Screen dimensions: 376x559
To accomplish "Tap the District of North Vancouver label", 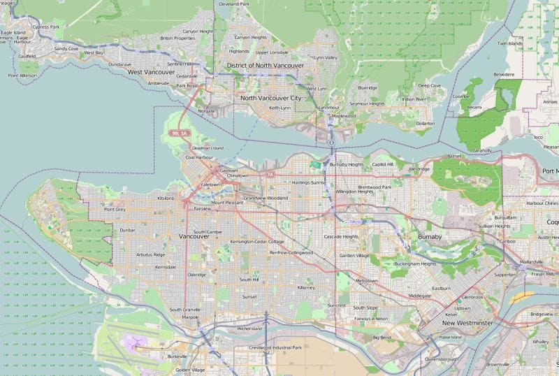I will pos(265,66).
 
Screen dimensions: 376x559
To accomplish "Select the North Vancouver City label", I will pos(271,98).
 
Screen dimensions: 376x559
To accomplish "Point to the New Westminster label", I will pos(467,324).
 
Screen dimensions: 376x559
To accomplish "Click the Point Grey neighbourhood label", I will pos(115,209).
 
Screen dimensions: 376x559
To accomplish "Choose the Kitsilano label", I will pos(166,198).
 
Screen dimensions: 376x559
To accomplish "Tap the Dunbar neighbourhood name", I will pos(127,229).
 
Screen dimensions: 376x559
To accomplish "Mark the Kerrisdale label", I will pos(166,267).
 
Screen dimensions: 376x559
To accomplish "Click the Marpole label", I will pos(191,317).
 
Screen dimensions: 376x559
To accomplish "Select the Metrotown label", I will pos(366,280).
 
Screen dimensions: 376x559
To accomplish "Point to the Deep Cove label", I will pos(430,85).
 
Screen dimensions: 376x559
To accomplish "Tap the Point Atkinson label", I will pos(22,75).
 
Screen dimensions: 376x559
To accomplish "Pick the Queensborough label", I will pos(441,359).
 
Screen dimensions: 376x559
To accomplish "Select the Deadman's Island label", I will pos(208,148).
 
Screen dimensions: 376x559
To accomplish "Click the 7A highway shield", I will pos(270,173).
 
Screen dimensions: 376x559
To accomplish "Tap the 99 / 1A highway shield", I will pos(180,133).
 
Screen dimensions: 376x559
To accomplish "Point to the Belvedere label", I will pos(504,73).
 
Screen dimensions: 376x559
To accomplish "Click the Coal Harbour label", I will pos(198,157).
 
